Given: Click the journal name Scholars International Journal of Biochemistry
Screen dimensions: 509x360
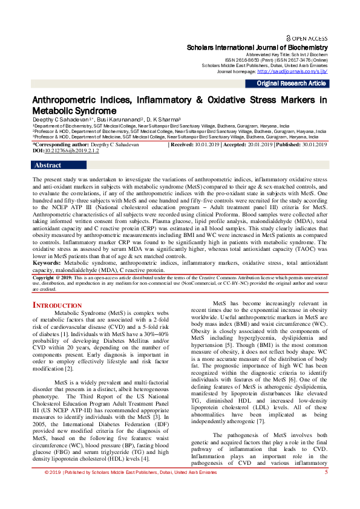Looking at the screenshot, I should click(258, 47).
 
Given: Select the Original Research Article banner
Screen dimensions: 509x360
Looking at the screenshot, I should click(292, 84).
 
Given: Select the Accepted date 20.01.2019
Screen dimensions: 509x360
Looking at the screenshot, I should click(258, 145).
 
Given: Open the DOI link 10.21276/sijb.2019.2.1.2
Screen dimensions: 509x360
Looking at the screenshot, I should click(71, 151).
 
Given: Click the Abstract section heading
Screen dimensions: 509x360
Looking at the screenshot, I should click(48, 165).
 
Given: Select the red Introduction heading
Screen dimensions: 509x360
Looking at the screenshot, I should click(57, 306).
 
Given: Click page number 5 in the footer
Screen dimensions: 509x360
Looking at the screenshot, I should click(326, 488).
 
